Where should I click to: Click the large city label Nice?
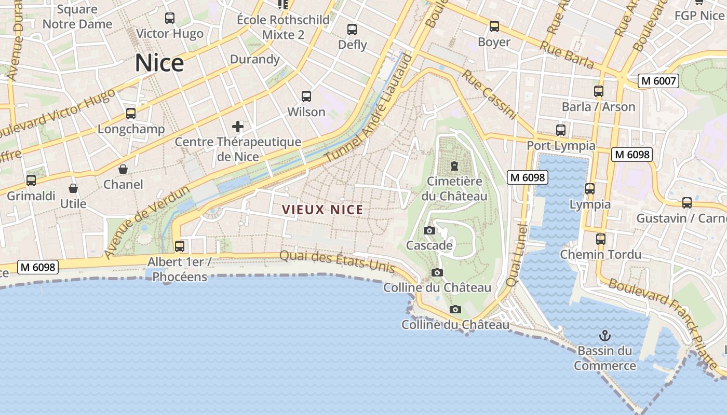[x=159, y=63]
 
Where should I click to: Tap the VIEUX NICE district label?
[x=322, y=210]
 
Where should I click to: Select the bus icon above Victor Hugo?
[x=170, y=18]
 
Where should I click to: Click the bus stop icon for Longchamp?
[x=131, y=114]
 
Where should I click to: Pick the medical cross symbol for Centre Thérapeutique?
[x=238, y=126]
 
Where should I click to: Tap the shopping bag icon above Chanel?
[x=123, y=169]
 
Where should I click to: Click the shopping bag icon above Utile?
[x=73, y=188]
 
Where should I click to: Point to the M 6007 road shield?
[x=658, y=81]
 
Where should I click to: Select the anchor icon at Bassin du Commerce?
[x=604, y=336]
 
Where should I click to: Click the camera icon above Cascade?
[x=429, y=230]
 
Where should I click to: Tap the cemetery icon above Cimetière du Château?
[x=454, y=167]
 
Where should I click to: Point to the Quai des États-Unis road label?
[x=338, y=261]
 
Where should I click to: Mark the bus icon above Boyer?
[x=494, y=26]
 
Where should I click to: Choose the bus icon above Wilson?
[x=306, y=96]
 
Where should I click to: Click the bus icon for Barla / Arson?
[x=599, y=91]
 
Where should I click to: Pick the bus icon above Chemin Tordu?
[x=601, y=239]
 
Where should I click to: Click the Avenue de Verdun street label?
[x=146, y=223]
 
